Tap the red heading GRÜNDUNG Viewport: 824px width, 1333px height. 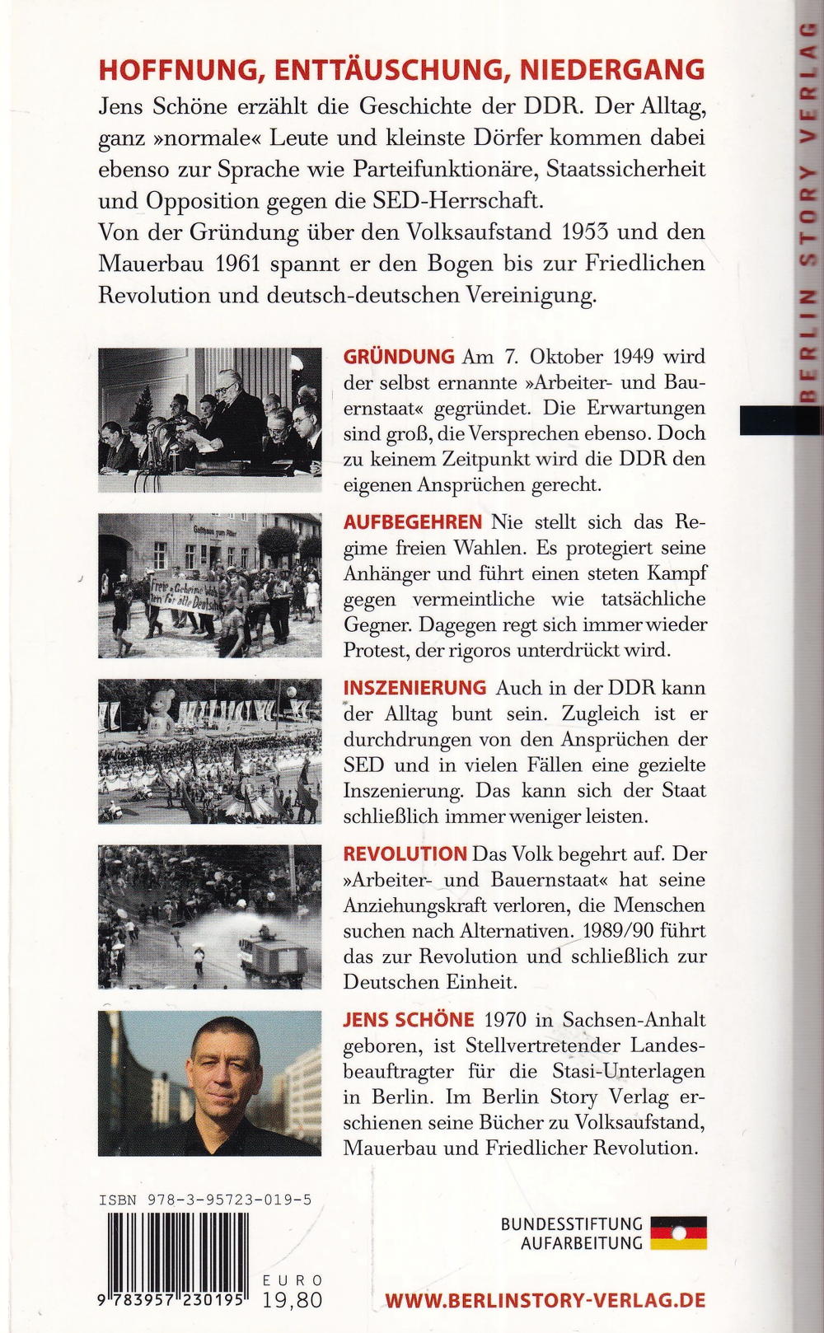pos(398,357)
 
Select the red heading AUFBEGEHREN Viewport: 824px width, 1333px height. pos(412,522)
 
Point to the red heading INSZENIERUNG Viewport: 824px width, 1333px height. pos(414,687)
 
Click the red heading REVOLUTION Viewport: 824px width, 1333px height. pos(405,854)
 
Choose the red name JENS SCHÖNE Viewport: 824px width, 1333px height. pos(409,1019)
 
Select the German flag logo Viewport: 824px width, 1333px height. pos(678,1232)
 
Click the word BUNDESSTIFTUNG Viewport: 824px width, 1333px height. pos(571,1224)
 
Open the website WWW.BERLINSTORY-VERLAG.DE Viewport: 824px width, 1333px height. pos(545,1300)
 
